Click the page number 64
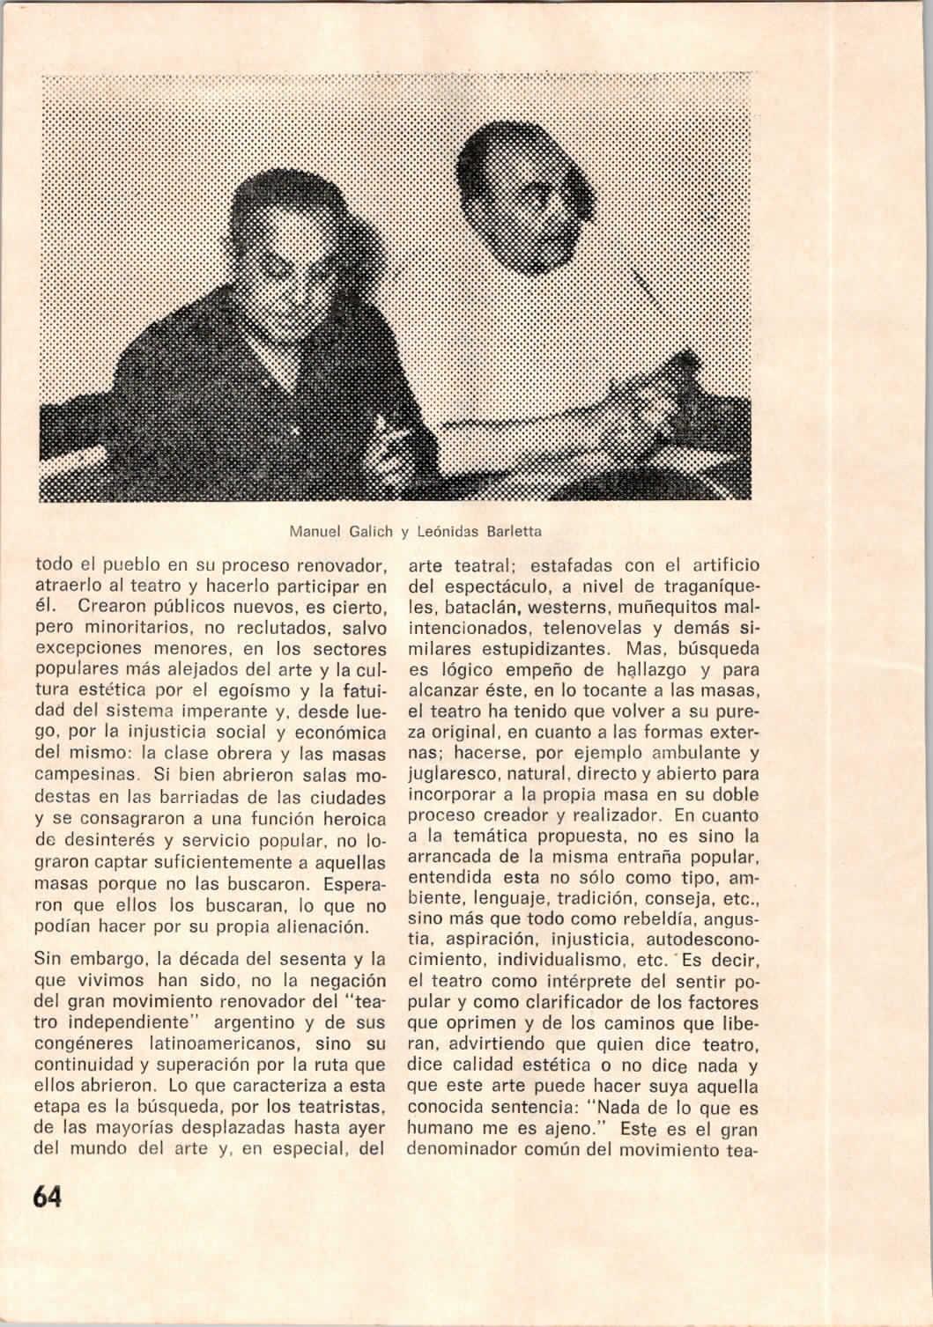coord(48,1197)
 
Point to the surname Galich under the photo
coord(368,531)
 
